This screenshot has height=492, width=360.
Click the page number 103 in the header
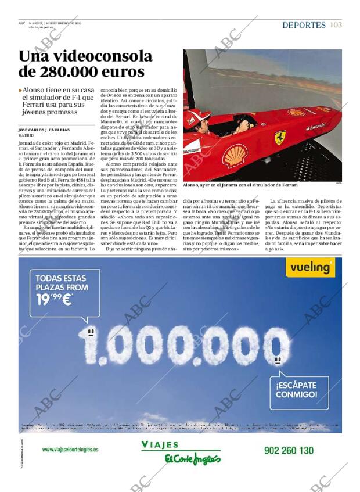(x=336, y=25)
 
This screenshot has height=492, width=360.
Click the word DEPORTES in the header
(x=304, y=25)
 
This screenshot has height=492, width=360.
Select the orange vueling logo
(x=311, y=267)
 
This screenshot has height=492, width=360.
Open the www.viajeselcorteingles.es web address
(x=70, y=449)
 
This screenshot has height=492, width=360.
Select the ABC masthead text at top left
(x=21, y=24)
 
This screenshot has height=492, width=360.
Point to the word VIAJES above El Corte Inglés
(x=160, y=445)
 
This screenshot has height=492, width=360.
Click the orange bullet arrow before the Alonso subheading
(x=20, y=91)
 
